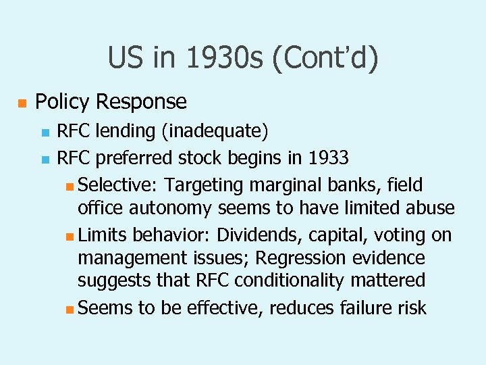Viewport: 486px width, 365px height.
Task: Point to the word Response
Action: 141,102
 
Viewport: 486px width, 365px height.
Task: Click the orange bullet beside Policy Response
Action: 21,103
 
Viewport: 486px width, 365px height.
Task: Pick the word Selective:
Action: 118,185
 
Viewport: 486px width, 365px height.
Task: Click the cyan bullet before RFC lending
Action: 45,131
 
